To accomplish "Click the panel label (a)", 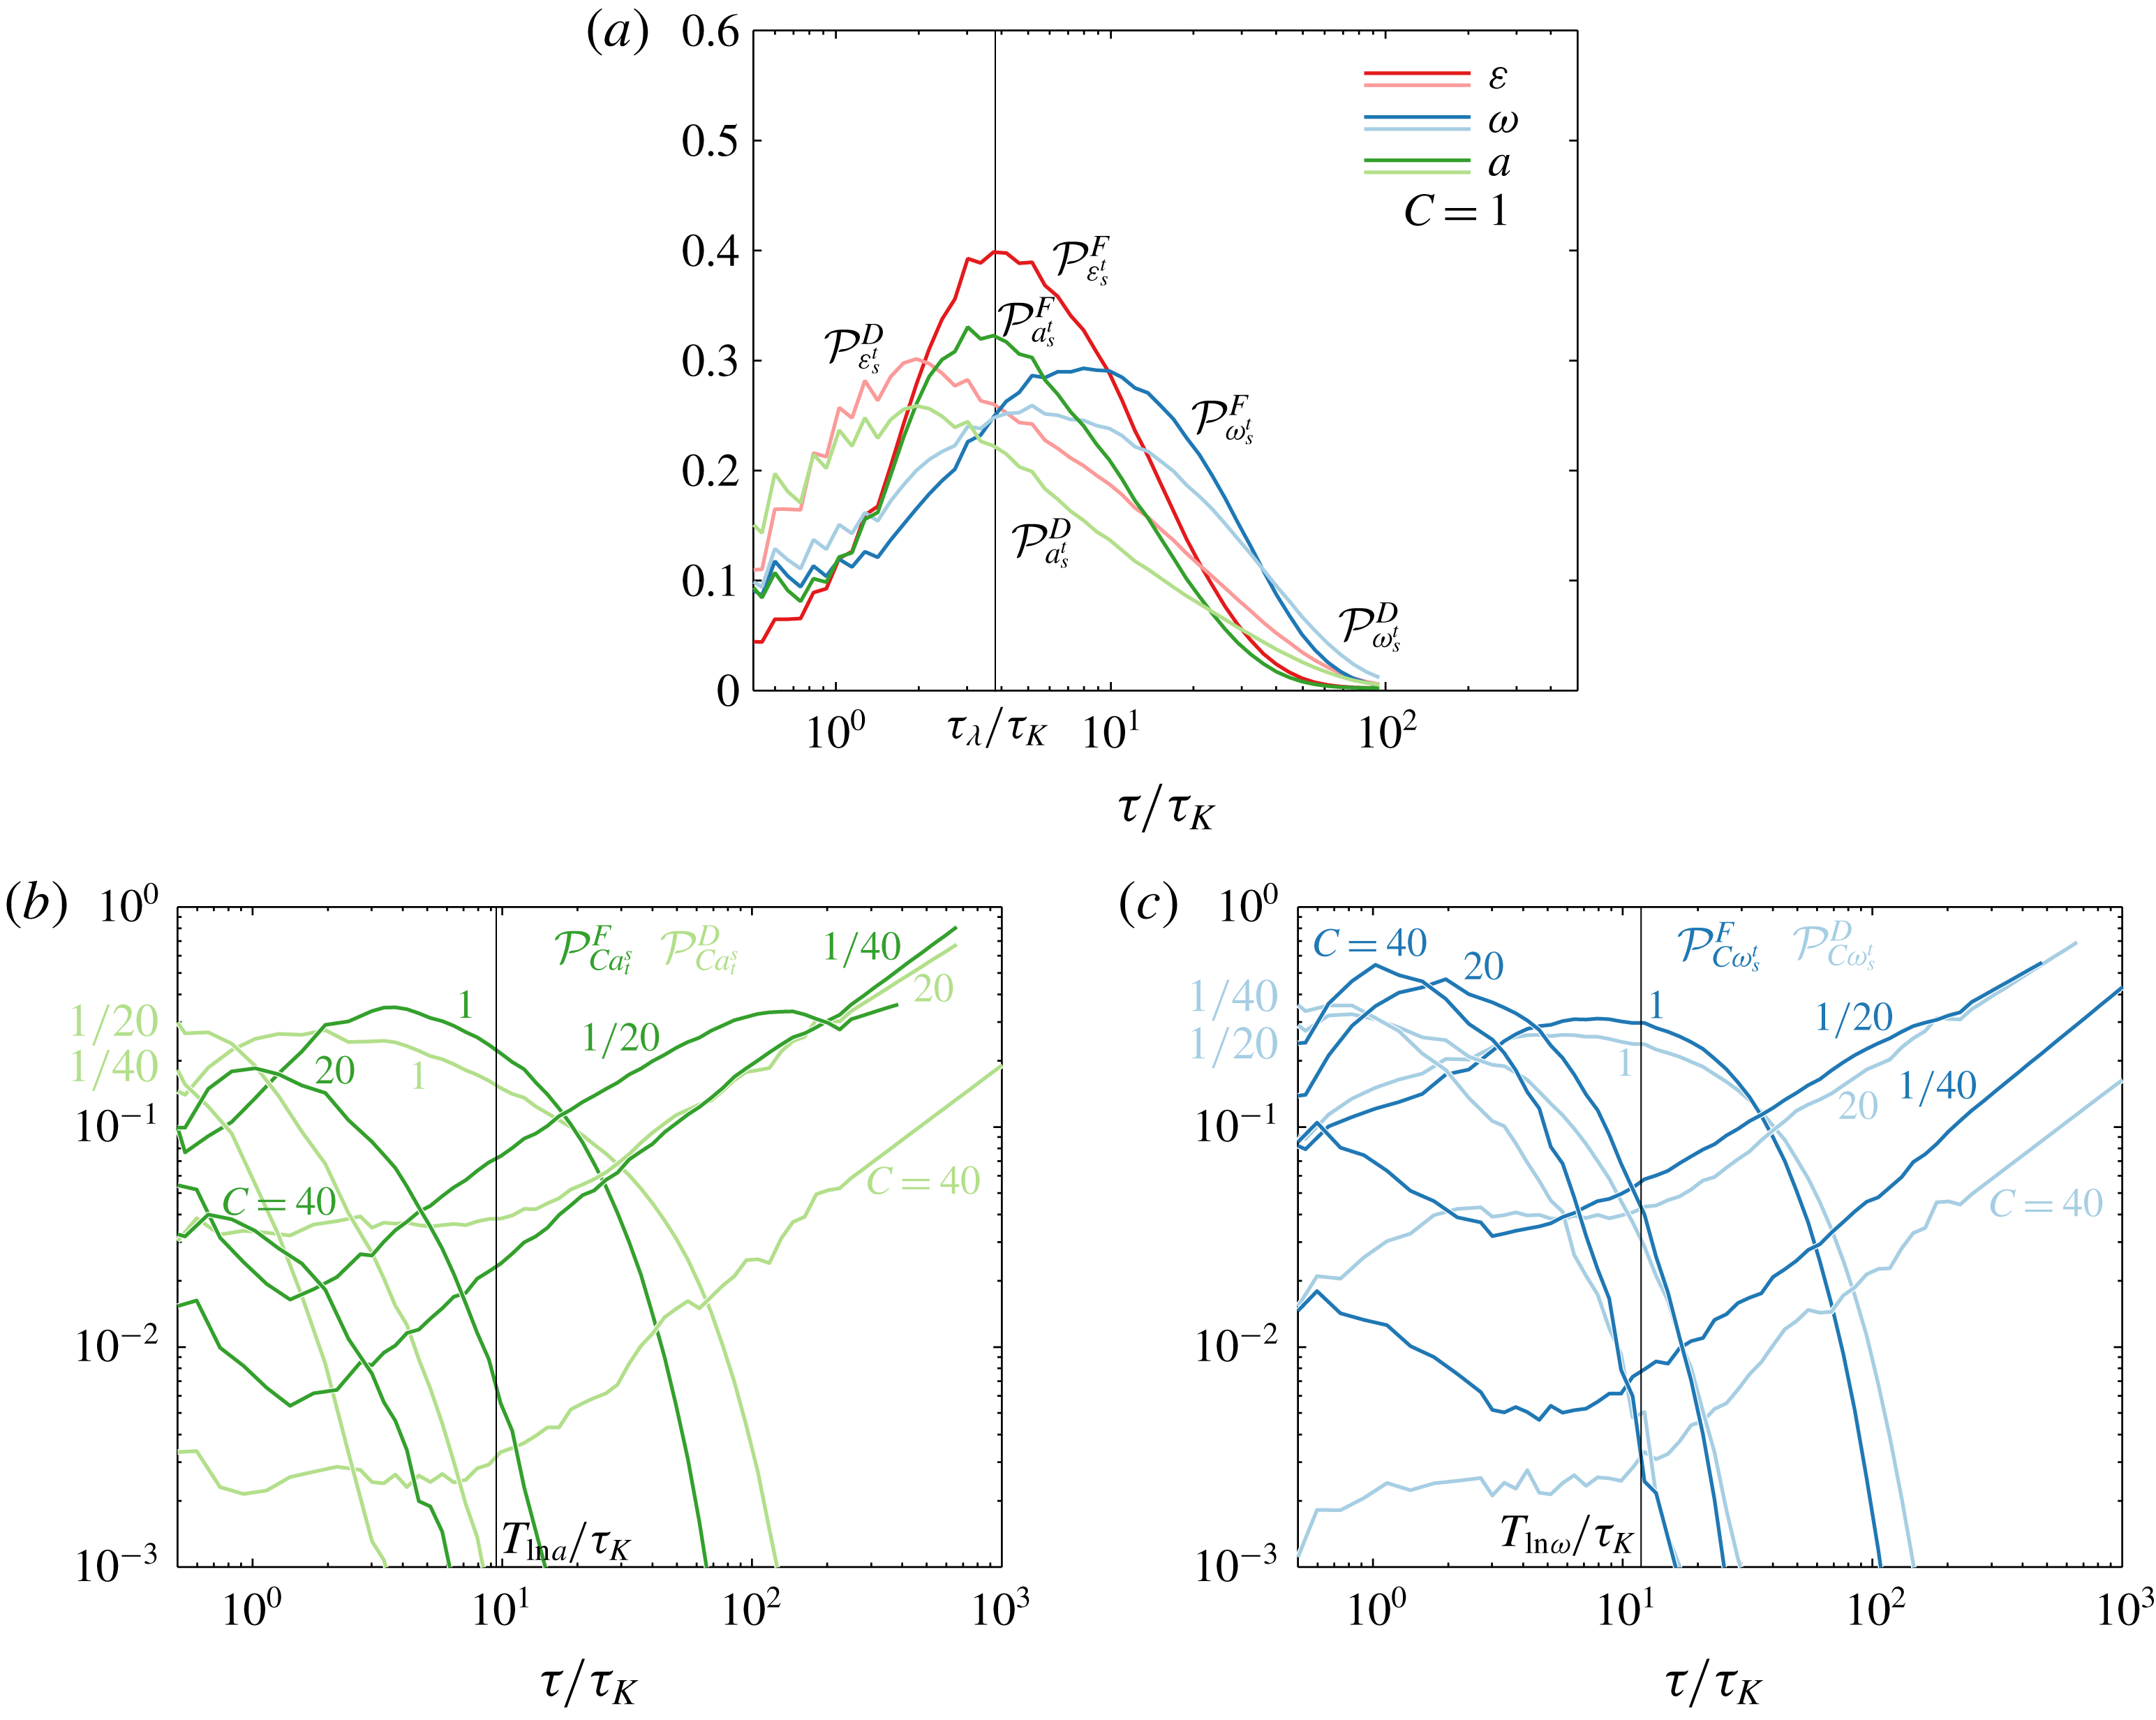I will pos(617,34).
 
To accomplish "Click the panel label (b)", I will pos(36,904).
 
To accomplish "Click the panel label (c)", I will pos(1148,904).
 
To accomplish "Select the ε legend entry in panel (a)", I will pos(1497,77).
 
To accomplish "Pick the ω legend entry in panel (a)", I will pos(1501,121).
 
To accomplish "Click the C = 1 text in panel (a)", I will pos(1455,211).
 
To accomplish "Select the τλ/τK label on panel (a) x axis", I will pos(996,731).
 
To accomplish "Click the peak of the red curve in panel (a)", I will pos(996,251).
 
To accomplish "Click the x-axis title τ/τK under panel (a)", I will pos(1165,809).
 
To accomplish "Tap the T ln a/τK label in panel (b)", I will pos(565,1543).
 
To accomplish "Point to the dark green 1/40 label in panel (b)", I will pos(861,946).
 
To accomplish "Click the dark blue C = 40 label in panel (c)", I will pos(1369,943).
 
